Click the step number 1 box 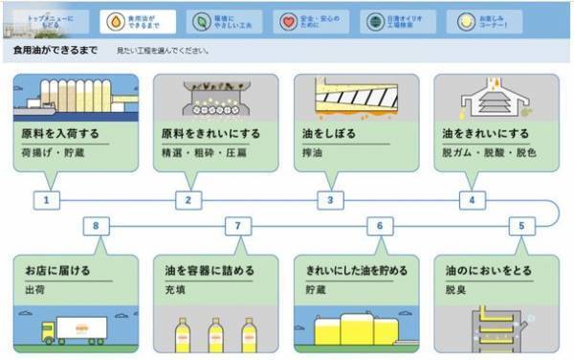coord(46,200)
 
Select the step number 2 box coord(188,200)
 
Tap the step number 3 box coord(330,200)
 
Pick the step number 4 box coord(472,200)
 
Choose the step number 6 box coord(380,227)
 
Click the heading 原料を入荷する coord(59,132)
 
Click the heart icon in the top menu coord(290,20)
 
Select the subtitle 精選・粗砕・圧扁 coord(196,151)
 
